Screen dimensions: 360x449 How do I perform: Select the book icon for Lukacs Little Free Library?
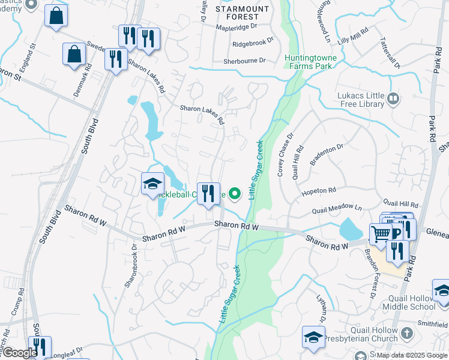[394, 98]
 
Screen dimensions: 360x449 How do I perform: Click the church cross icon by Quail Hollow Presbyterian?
[407, 332]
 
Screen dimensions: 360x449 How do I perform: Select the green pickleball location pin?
[236, 193]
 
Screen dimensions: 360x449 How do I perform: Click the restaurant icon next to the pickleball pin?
[208, 193]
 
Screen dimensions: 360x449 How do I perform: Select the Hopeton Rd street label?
[319, 190]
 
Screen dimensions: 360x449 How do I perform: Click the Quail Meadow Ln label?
[337, 211]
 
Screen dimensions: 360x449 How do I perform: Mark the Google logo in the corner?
[20, 353]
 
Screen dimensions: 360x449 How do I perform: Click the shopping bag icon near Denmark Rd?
[74, 55]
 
